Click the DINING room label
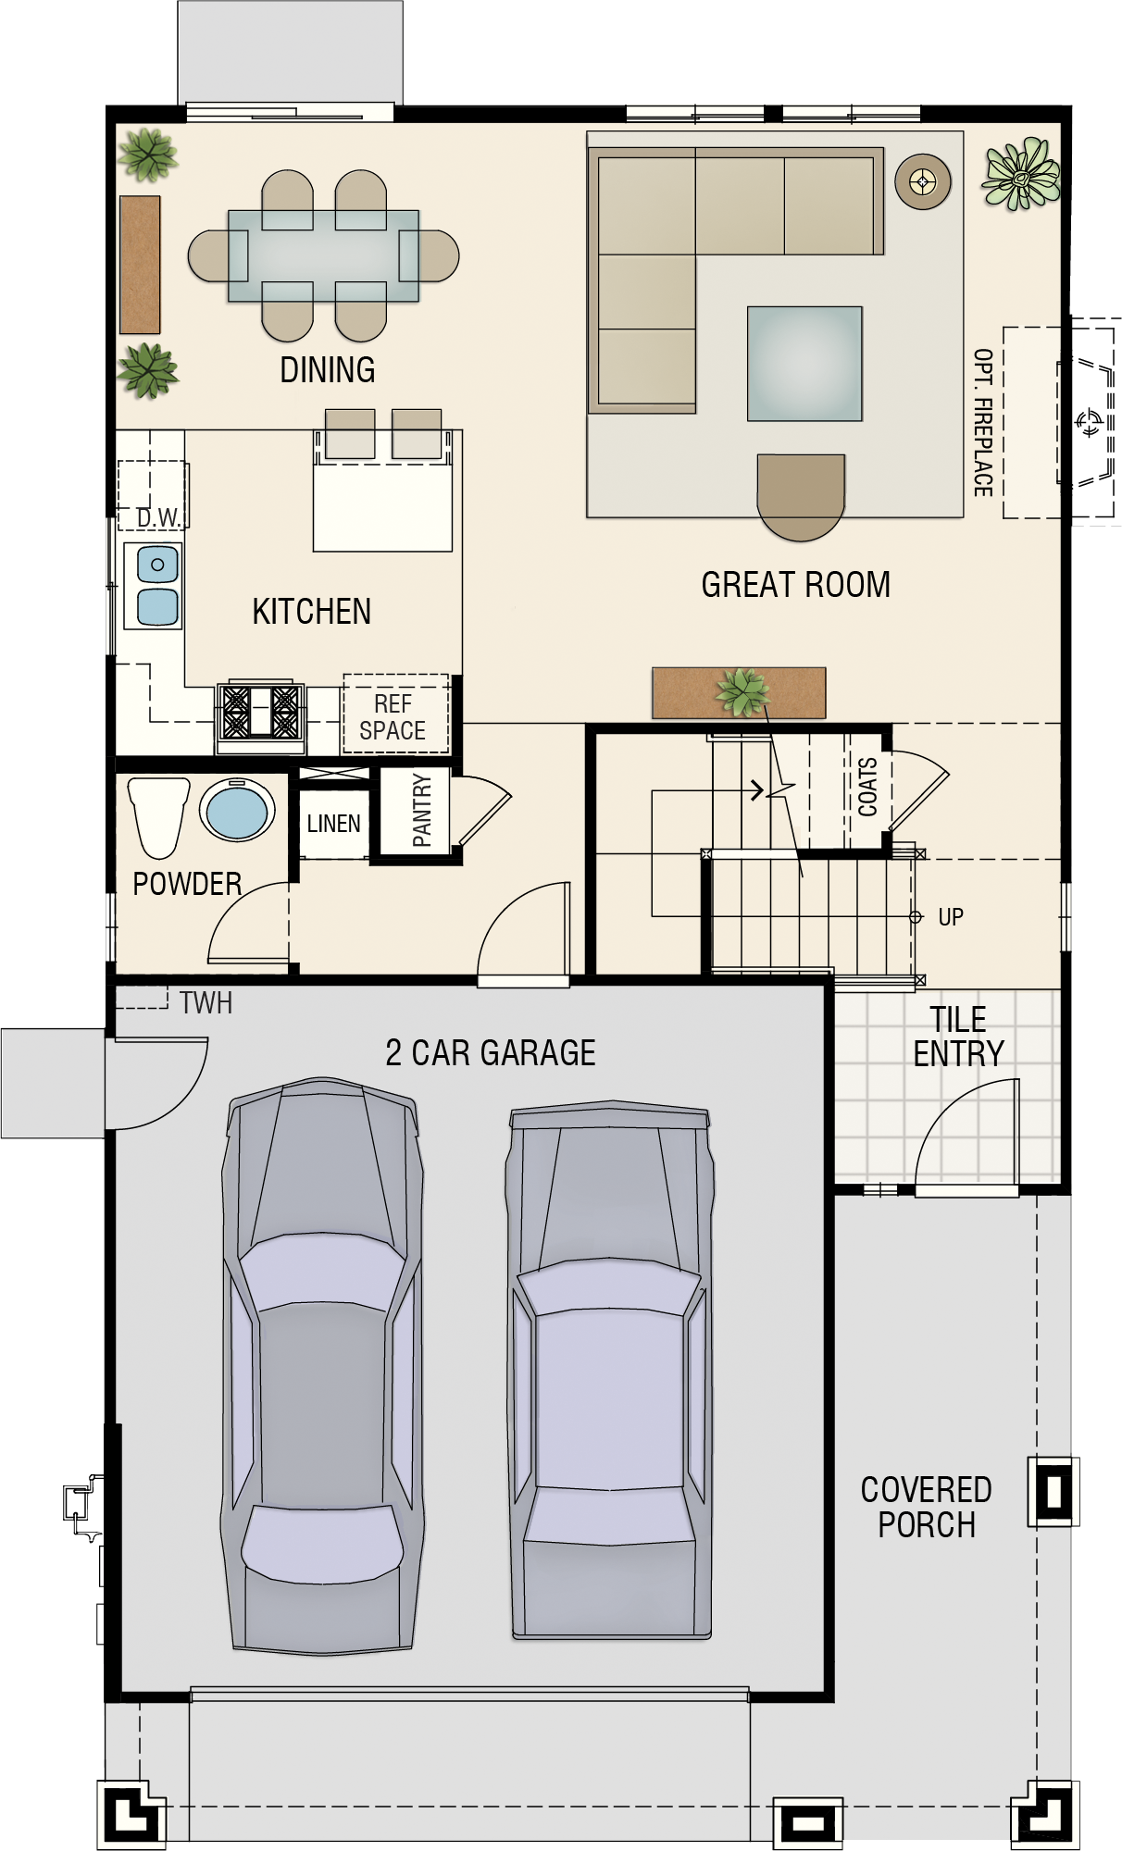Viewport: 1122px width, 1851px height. [328, 370]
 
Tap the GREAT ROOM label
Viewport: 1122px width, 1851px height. [796, 585]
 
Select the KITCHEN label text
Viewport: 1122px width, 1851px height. [311, 612]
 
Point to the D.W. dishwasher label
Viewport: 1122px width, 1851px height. [158, 518]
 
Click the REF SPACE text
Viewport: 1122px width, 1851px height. [393, 717]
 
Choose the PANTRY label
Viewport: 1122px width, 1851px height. [422, 811]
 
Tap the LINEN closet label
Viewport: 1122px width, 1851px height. [333, 824]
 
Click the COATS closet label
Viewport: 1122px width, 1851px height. [867, 787]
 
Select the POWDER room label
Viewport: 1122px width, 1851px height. [187, 884]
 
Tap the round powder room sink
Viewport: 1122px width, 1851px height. [237, 810]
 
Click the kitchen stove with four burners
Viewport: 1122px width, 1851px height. [260, 712]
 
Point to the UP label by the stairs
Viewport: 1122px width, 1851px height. [951, 917]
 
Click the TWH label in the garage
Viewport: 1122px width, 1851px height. [206, 1003]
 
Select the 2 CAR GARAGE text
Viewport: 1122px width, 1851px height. [491, 1053]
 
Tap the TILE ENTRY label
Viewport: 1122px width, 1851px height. [958, 1037]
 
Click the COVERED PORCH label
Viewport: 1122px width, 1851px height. [927, 1507]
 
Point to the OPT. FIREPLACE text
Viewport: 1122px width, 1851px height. [983, 422]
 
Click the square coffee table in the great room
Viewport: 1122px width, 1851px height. [804, 364]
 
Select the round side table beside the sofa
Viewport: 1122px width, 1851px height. [923, 181]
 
